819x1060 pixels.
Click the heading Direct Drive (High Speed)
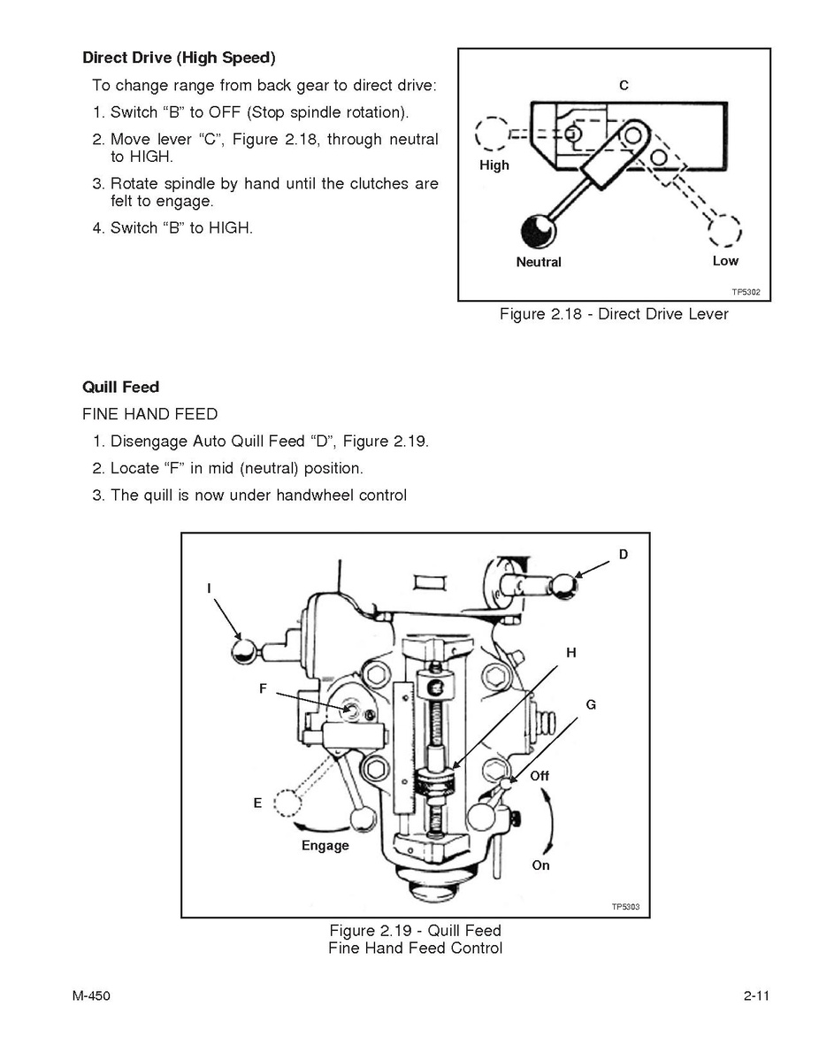point(179,58)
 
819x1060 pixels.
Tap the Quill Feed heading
point(121,388)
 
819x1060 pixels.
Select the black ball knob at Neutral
point(539,231)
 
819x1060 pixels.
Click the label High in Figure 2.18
point(494,165)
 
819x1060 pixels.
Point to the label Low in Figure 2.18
point(726,261)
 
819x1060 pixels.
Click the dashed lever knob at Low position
point(724,231)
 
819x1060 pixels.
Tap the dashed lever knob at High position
point(492,133)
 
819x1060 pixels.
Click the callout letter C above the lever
point(624,85)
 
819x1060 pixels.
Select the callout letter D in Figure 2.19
point(624,555)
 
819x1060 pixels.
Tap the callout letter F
point(263,689)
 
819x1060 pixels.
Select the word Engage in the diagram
point(325,846)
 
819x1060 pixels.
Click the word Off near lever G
point(540,776)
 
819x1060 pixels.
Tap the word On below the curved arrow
point(540,865)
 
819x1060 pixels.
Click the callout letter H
point(571,652)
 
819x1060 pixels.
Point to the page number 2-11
point(757,995)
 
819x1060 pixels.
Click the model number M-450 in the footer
point(91,995)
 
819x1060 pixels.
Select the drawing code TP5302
point(746,292)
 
